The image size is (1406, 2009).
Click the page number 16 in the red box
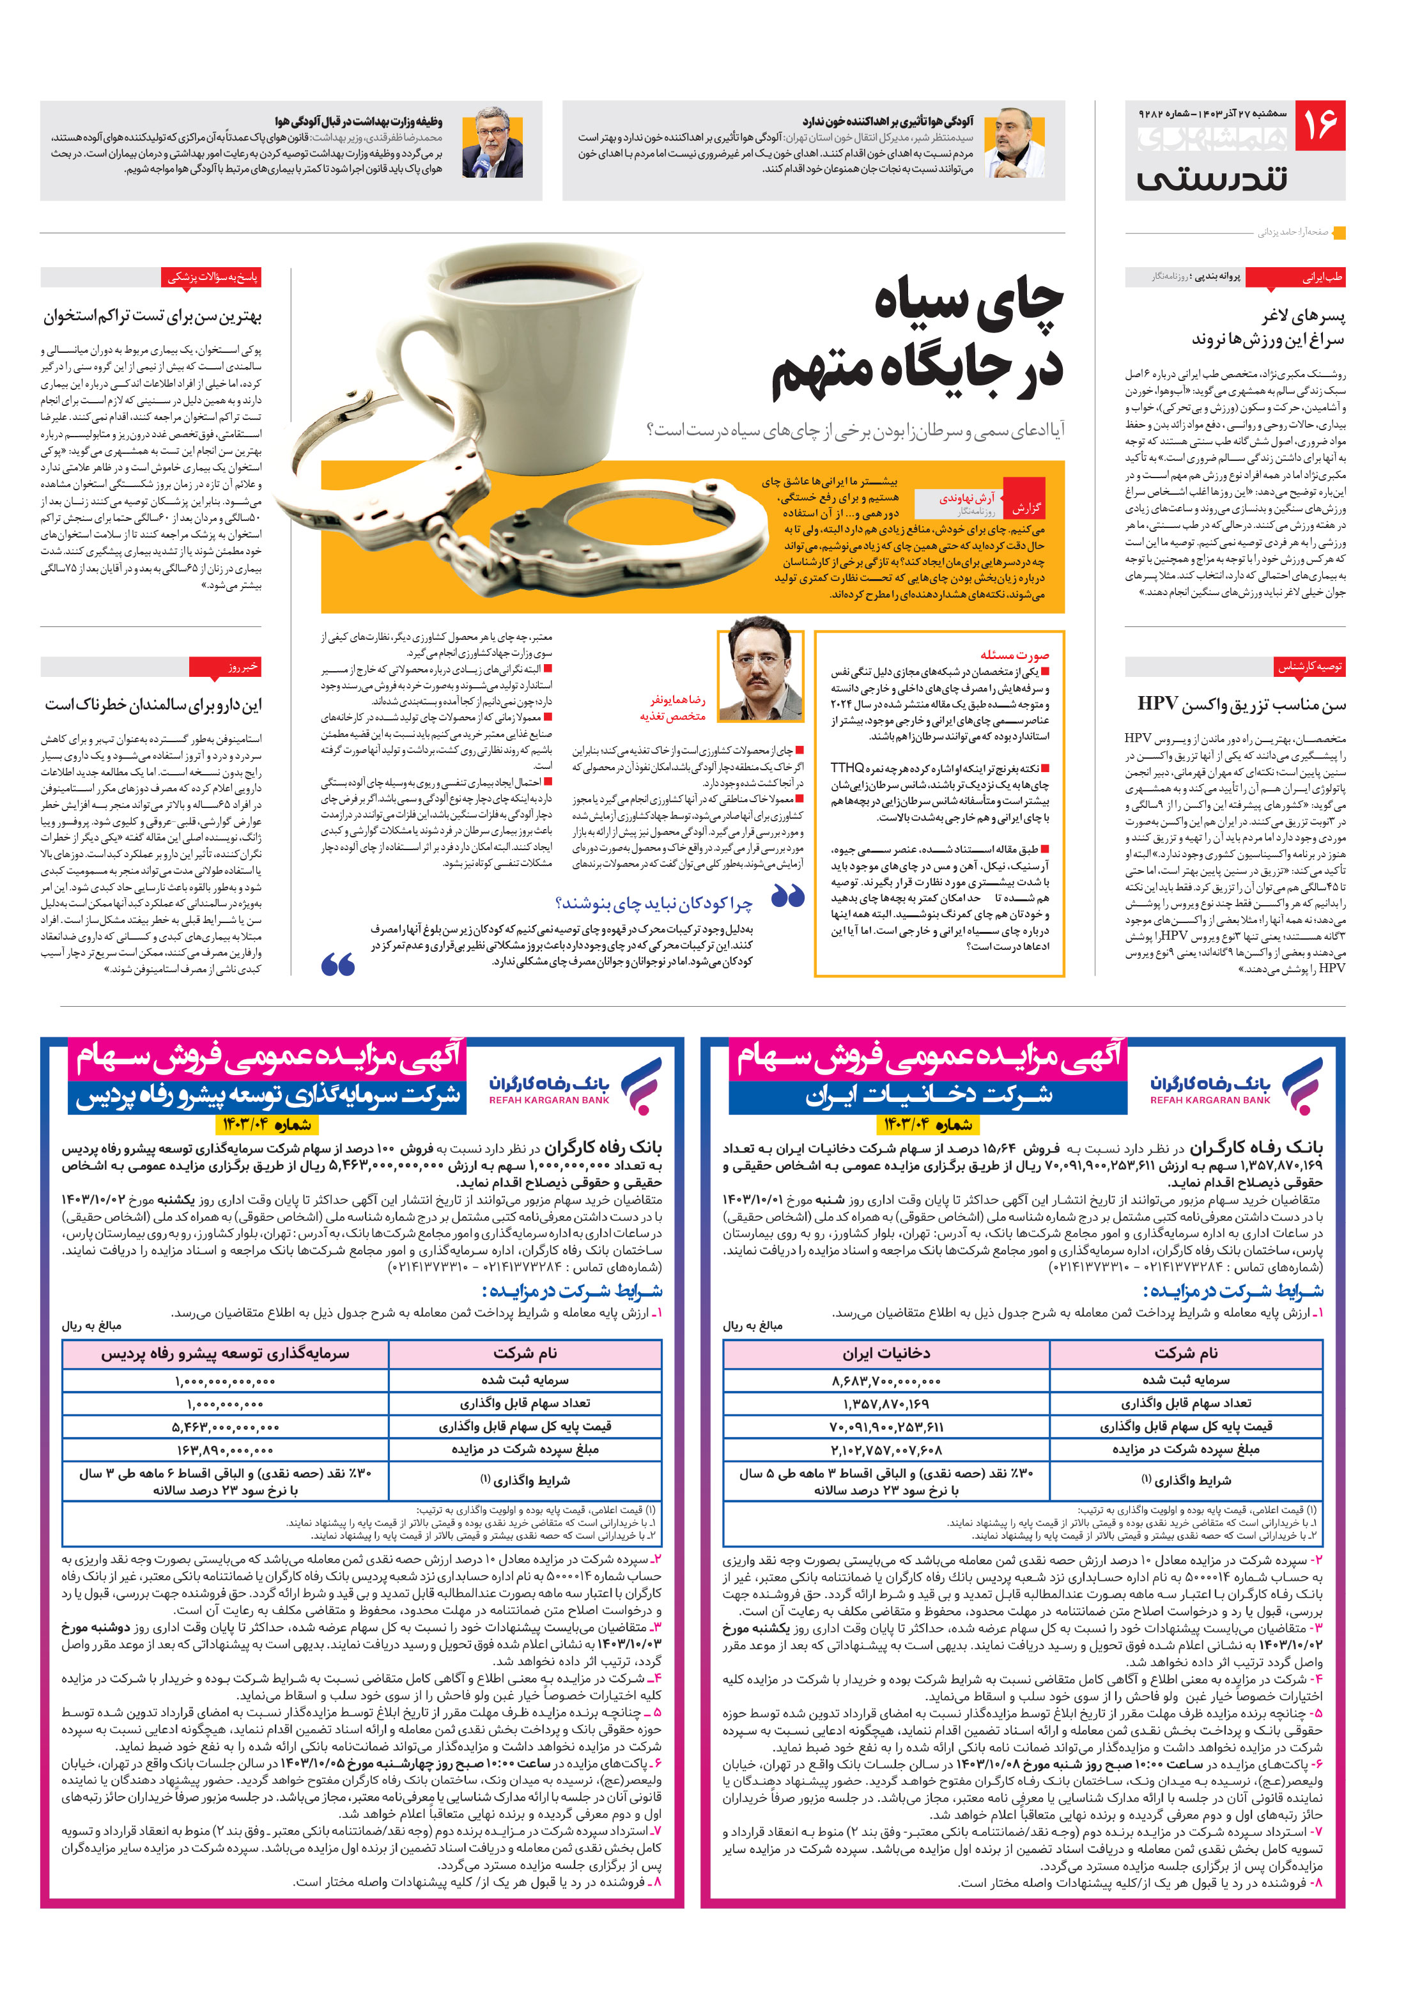pos(1321,125)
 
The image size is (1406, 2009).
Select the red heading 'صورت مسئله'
pos(1014,655)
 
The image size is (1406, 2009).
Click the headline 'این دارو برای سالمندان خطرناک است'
pos(153,704)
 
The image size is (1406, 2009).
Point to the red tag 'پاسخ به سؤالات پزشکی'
pos(213,277)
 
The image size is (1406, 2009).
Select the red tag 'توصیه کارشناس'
pos(1309,667)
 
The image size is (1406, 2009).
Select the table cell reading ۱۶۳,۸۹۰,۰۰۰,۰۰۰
pos(225,1449)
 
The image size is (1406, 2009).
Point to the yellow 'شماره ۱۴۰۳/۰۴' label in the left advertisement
pos(266,1124)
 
